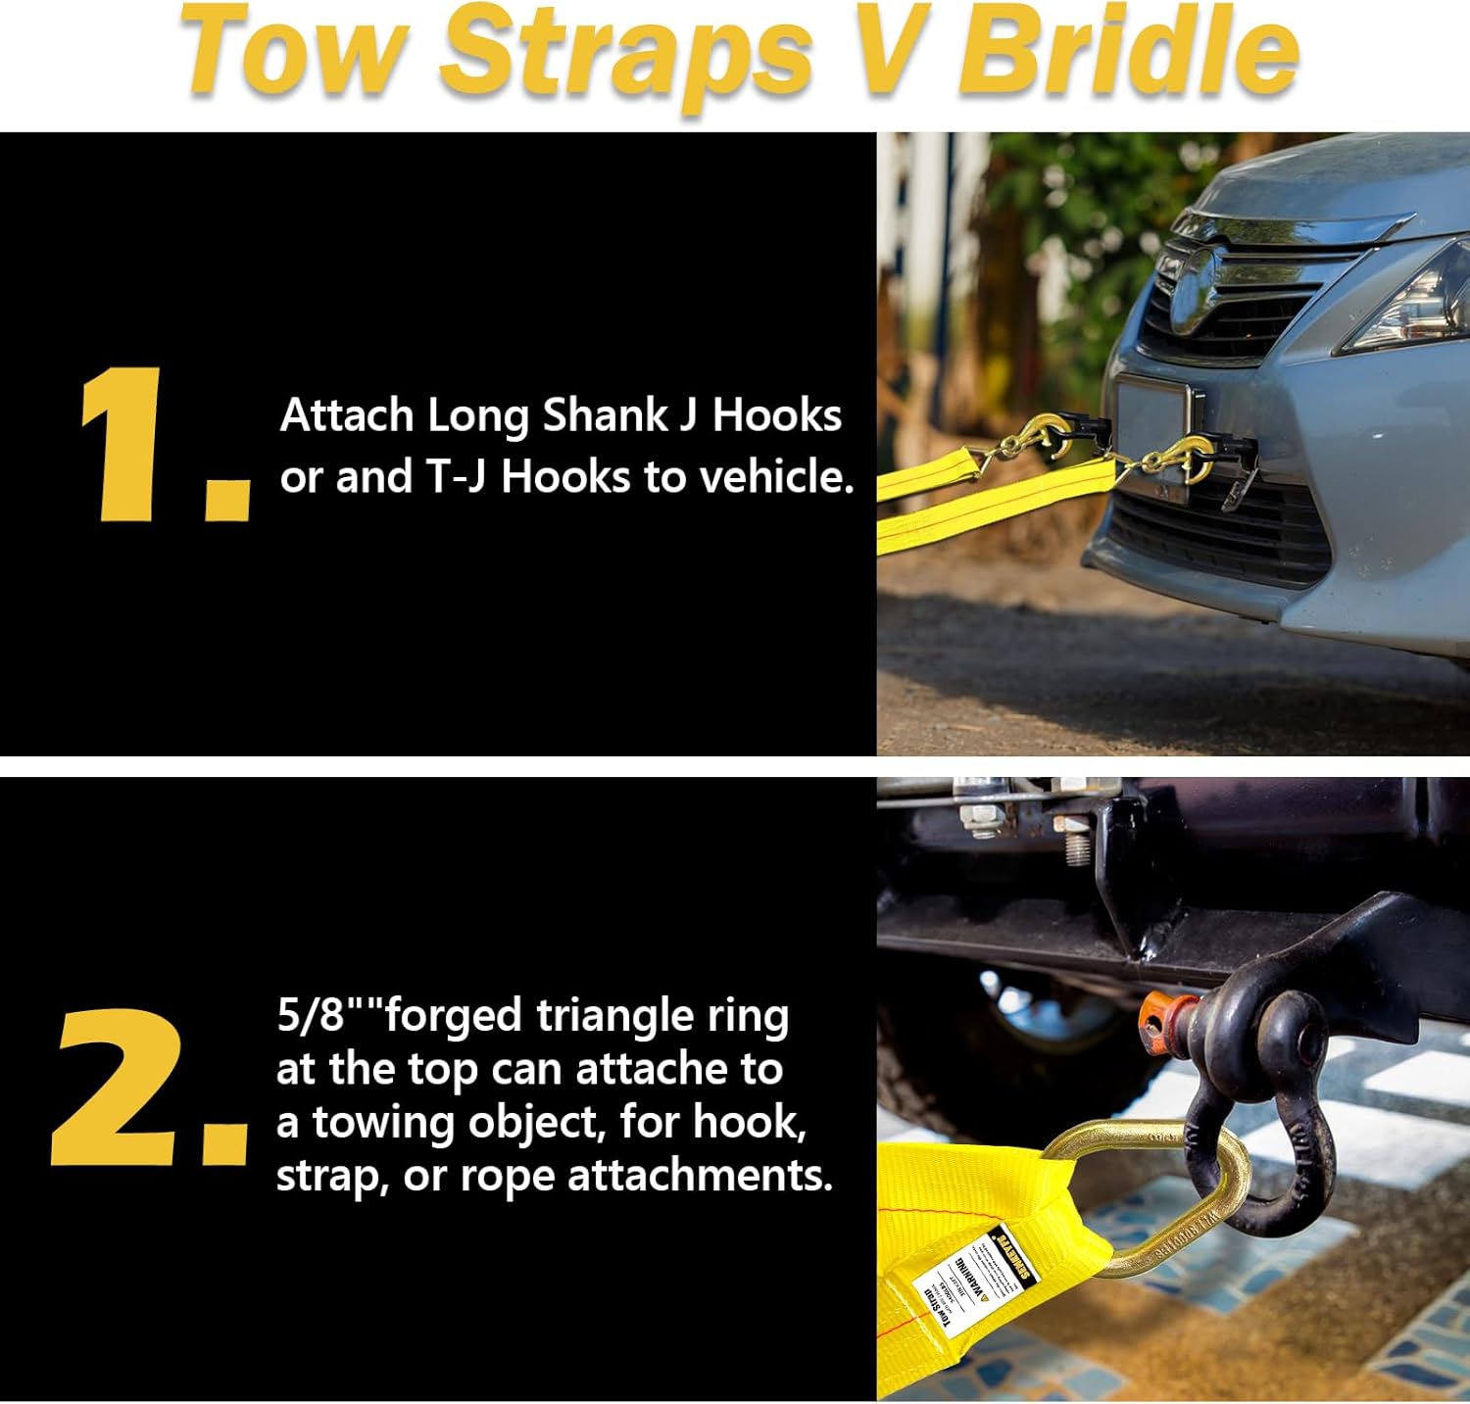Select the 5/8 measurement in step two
pyautogui.click(x=312, y=1015)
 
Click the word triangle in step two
pyautogui.click(x=615, y=1017)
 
